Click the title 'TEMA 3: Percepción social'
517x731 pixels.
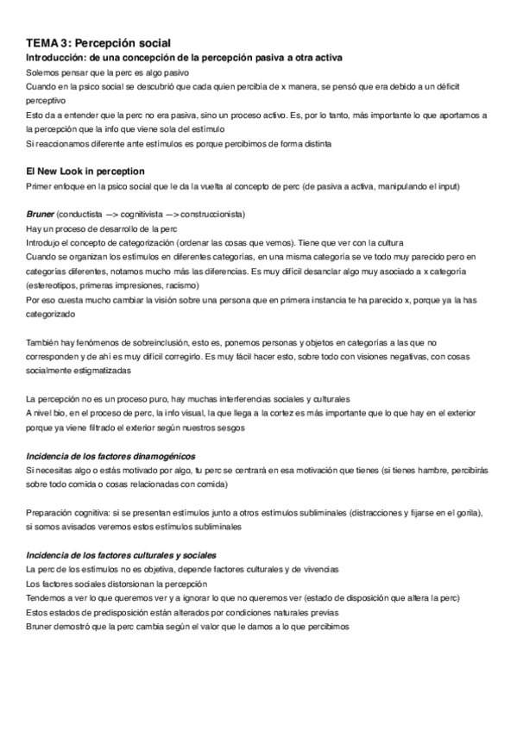coord(98,41)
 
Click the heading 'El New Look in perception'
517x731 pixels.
coord(86,172)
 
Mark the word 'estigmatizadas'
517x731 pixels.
coord(100,370)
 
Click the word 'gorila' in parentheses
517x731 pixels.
coord(467,511)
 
